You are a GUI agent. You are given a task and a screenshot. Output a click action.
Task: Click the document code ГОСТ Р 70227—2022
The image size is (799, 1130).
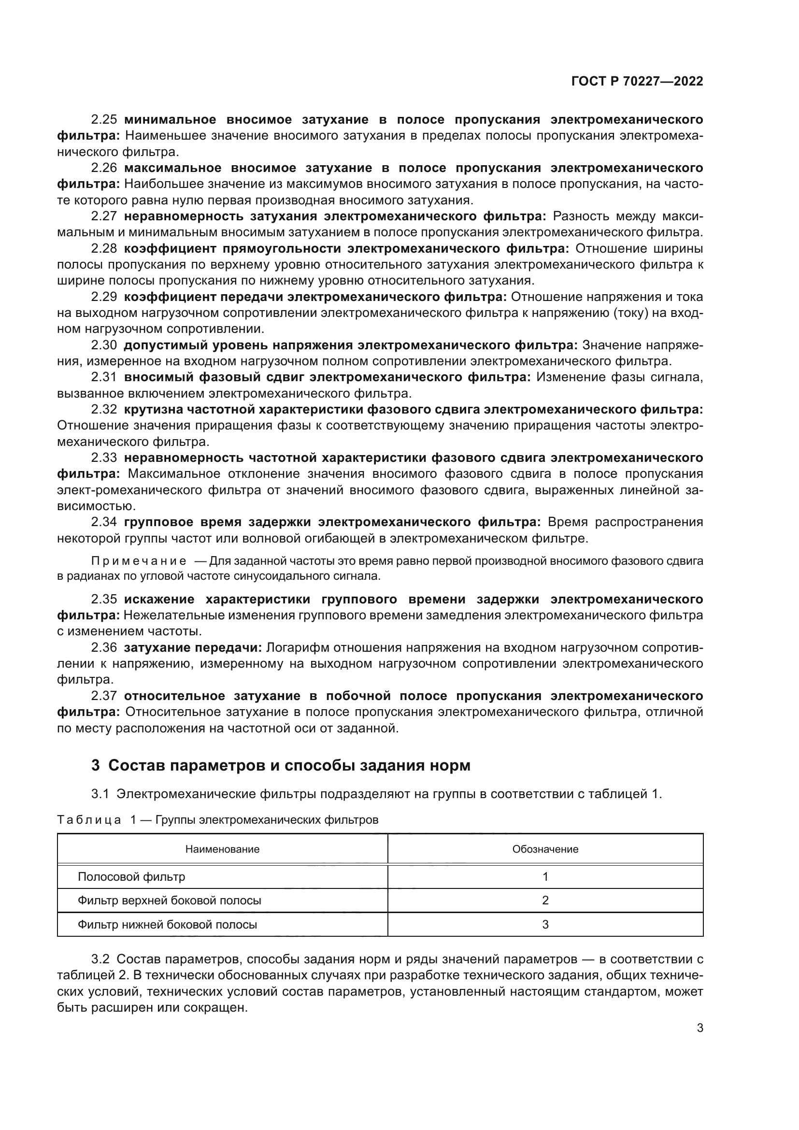coord(637,82)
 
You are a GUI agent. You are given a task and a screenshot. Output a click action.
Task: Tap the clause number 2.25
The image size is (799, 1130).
coord(104,120)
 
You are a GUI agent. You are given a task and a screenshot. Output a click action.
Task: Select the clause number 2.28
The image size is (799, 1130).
coord(104,248)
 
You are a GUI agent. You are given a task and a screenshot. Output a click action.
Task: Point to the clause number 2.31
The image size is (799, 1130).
coord(104,377)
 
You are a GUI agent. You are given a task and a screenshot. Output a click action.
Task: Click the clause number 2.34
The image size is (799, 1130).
coord(104,522)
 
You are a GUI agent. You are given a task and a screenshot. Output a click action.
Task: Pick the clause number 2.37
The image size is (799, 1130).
coord(104,696)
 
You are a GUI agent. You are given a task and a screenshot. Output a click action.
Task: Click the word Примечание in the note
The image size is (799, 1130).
coord(139,561)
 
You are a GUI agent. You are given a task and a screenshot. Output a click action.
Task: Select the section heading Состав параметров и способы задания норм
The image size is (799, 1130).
coord(289,765)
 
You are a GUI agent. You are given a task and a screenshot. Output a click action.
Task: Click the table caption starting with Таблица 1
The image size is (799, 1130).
coord(217,820)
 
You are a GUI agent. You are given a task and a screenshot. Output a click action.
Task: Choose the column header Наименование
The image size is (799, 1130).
coord(222,849)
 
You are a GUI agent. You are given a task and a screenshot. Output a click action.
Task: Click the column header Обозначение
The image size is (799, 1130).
coord(545,849)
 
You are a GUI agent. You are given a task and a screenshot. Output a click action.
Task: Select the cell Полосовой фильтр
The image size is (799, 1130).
coord(131,876)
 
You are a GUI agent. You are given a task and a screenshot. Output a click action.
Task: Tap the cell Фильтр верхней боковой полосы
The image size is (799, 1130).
coord(169,901)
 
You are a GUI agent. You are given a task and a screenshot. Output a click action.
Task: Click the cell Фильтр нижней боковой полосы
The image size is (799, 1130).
coord(167,924)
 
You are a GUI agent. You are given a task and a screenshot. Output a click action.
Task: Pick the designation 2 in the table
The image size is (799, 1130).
coord(545,901)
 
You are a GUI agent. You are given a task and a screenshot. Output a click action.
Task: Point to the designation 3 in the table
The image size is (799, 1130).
coord(545,924)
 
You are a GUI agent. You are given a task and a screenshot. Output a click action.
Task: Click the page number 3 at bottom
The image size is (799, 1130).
coord(699,1028)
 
